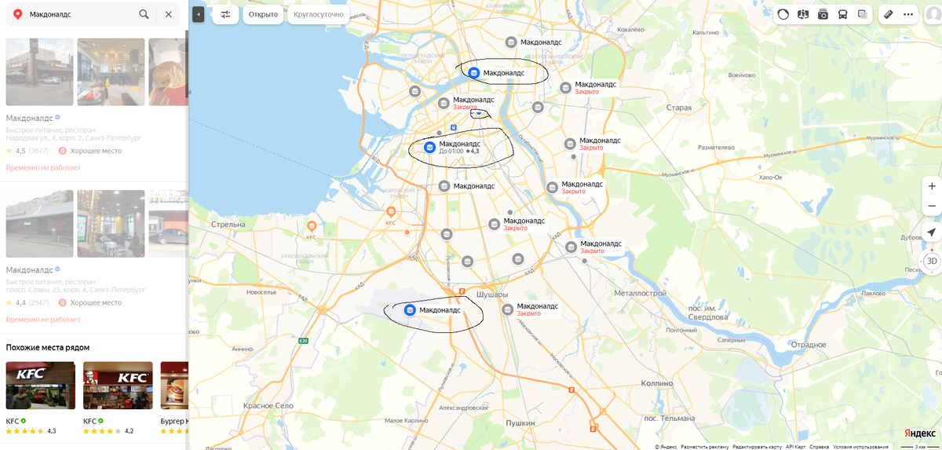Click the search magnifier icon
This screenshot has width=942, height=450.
[x=144, y=14]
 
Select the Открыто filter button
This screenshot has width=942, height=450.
[x=263, y=14]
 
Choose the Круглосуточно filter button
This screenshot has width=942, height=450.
[x=318, y=14]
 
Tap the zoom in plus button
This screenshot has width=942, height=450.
[x=931, y=186]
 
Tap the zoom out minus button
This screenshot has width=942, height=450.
[x=931, y=206]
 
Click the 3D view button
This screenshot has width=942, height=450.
[x=931, y=261]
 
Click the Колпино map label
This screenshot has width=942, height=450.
[x=656, y=383]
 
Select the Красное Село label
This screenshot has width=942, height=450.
[x=268, y=404]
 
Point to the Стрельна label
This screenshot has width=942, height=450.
[x=228, y=224]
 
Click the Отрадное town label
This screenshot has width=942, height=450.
[x=809, y=346]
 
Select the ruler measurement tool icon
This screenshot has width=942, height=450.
[x=888, y=14]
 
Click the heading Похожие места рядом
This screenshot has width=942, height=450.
[x=47, y=347]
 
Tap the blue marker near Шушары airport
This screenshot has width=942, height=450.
[x=410, y=310]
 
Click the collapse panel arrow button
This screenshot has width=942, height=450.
[x=198, y=14]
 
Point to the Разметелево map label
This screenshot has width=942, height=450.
[x=715, y=148]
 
